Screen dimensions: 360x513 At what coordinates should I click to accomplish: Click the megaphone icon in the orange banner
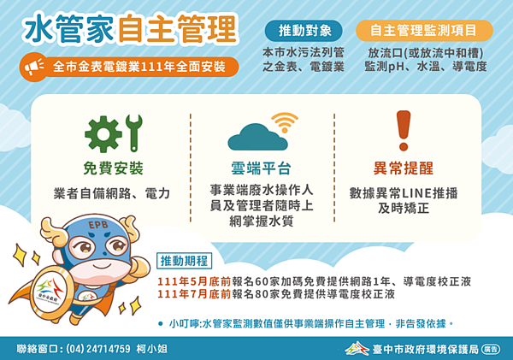[34, 66]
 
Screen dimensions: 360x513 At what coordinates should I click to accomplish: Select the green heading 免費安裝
[114, 168]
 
